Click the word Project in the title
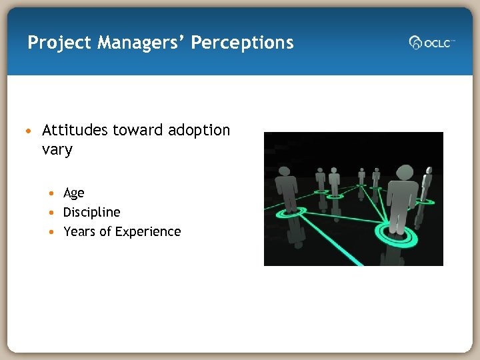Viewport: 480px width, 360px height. click(59, 43)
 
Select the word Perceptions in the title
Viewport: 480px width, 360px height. click(242, 43)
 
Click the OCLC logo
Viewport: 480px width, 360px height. click(431, 43)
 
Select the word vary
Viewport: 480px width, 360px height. click(57, 149)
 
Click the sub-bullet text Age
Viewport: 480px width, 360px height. click(73, 193)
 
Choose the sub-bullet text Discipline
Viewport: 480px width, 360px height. click(91, 212)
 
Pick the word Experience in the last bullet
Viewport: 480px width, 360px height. click(147, 231)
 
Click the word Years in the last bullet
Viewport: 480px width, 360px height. click(80, 231)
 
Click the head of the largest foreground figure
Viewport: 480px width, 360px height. click(404, 172)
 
